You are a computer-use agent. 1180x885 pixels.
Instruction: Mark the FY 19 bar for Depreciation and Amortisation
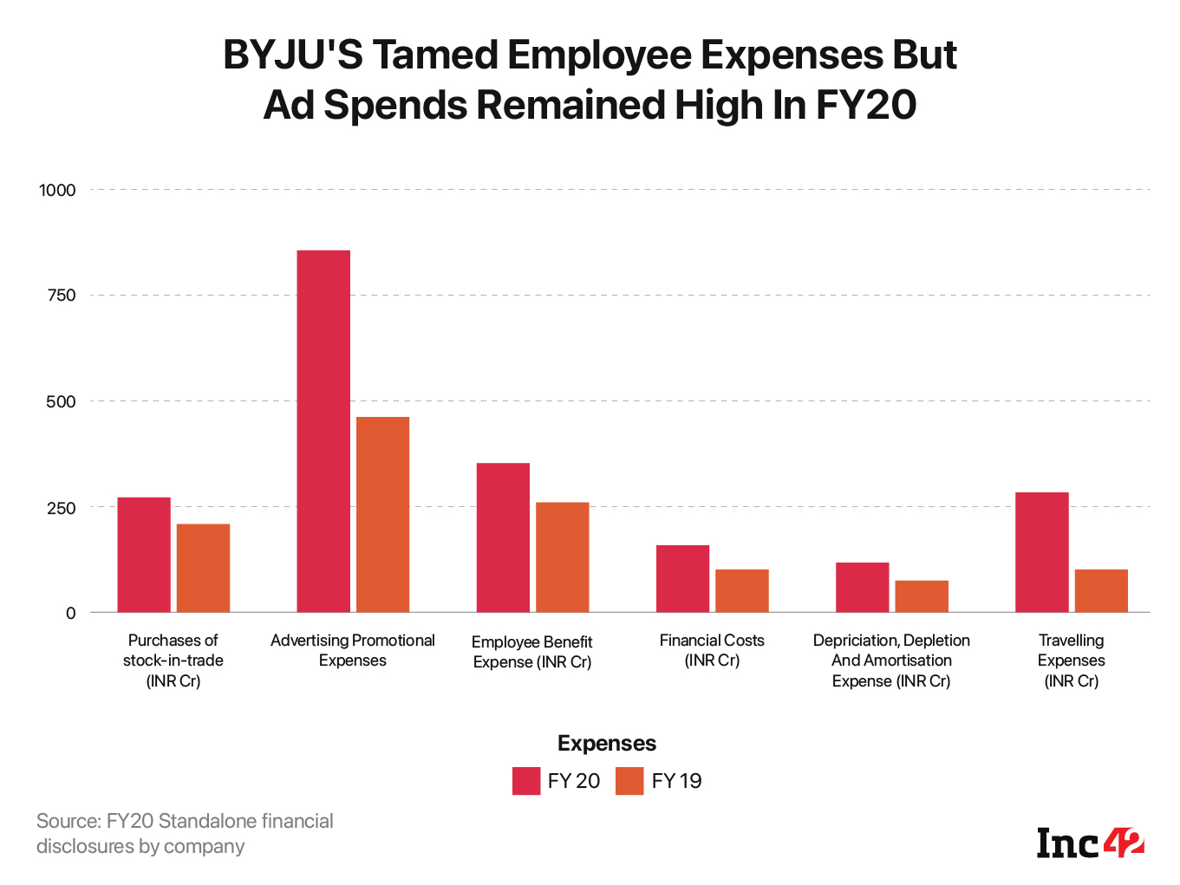(922, 596)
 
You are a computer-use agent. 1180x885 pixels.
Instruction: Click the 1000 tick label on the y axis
(57, 190)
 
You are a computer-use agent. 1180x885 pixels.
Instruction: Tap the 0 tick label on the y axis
(71, 613)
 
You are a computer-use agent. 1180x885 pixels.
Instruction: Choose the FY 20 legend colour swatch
(526, 781)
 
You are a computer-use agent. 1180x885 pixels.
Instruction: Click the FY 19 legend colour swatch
(629, 781)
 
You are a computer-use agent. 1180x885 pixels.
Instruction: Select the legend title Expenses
(607, 744)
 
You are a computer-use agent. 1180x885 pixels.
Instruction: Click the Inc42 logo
(1090, 843)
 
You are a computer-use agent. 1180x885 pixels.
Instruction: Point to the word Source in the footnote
(68, 821)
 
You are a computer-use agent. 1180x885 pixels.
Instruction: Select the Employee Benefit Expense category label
(531, 652)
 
